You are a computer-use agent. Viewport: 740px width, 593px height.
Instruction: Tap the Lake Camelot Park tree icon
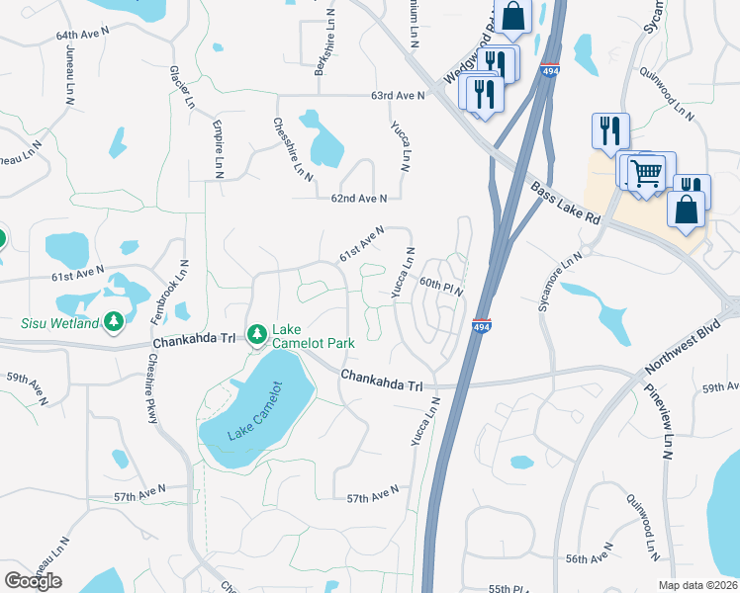click(x=256, y=336)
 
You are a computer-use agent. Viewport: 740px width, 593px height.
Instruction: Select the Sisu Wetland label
click(x=60, y=323)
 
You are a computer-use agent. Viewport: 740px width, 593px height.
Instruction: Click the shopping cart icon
click(x=646, y=174)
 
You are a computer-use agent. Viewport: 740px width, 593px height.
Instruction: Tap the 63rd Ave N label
click(x=397, y=96)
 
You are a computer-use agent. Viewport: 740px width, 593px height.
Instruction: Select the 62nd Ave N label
click(x=358, y=199)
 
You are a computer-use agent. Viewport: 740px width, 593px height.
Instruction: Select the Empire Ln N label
click(x=217, y=148)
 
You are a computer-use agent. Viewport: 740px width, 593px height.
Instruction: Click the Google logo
click(x=33, y=580)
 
